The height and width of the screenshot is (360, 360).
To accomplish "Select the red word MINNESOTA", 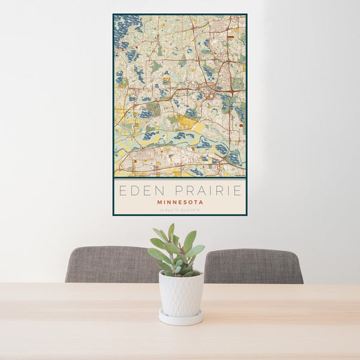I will point(180,202).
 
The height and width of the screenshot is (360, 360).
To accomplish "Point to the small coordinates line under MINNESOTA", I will point(180,209).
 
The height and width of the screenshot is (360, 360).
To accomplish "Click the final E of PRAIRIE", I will point(238,191).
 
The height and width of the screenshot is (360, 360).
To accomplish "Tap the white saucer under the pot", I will point(181,318).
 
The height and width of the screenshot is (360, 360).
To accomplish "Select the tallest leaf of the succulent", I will point(171,232).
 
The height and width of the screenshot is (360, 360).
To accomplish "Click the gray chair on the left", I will point(108,264).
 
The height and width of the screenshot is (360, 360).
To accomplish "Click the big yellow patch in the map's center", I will point(188,122).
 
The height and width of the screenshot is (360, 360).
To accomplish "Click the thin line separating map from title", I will point(180,179).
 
